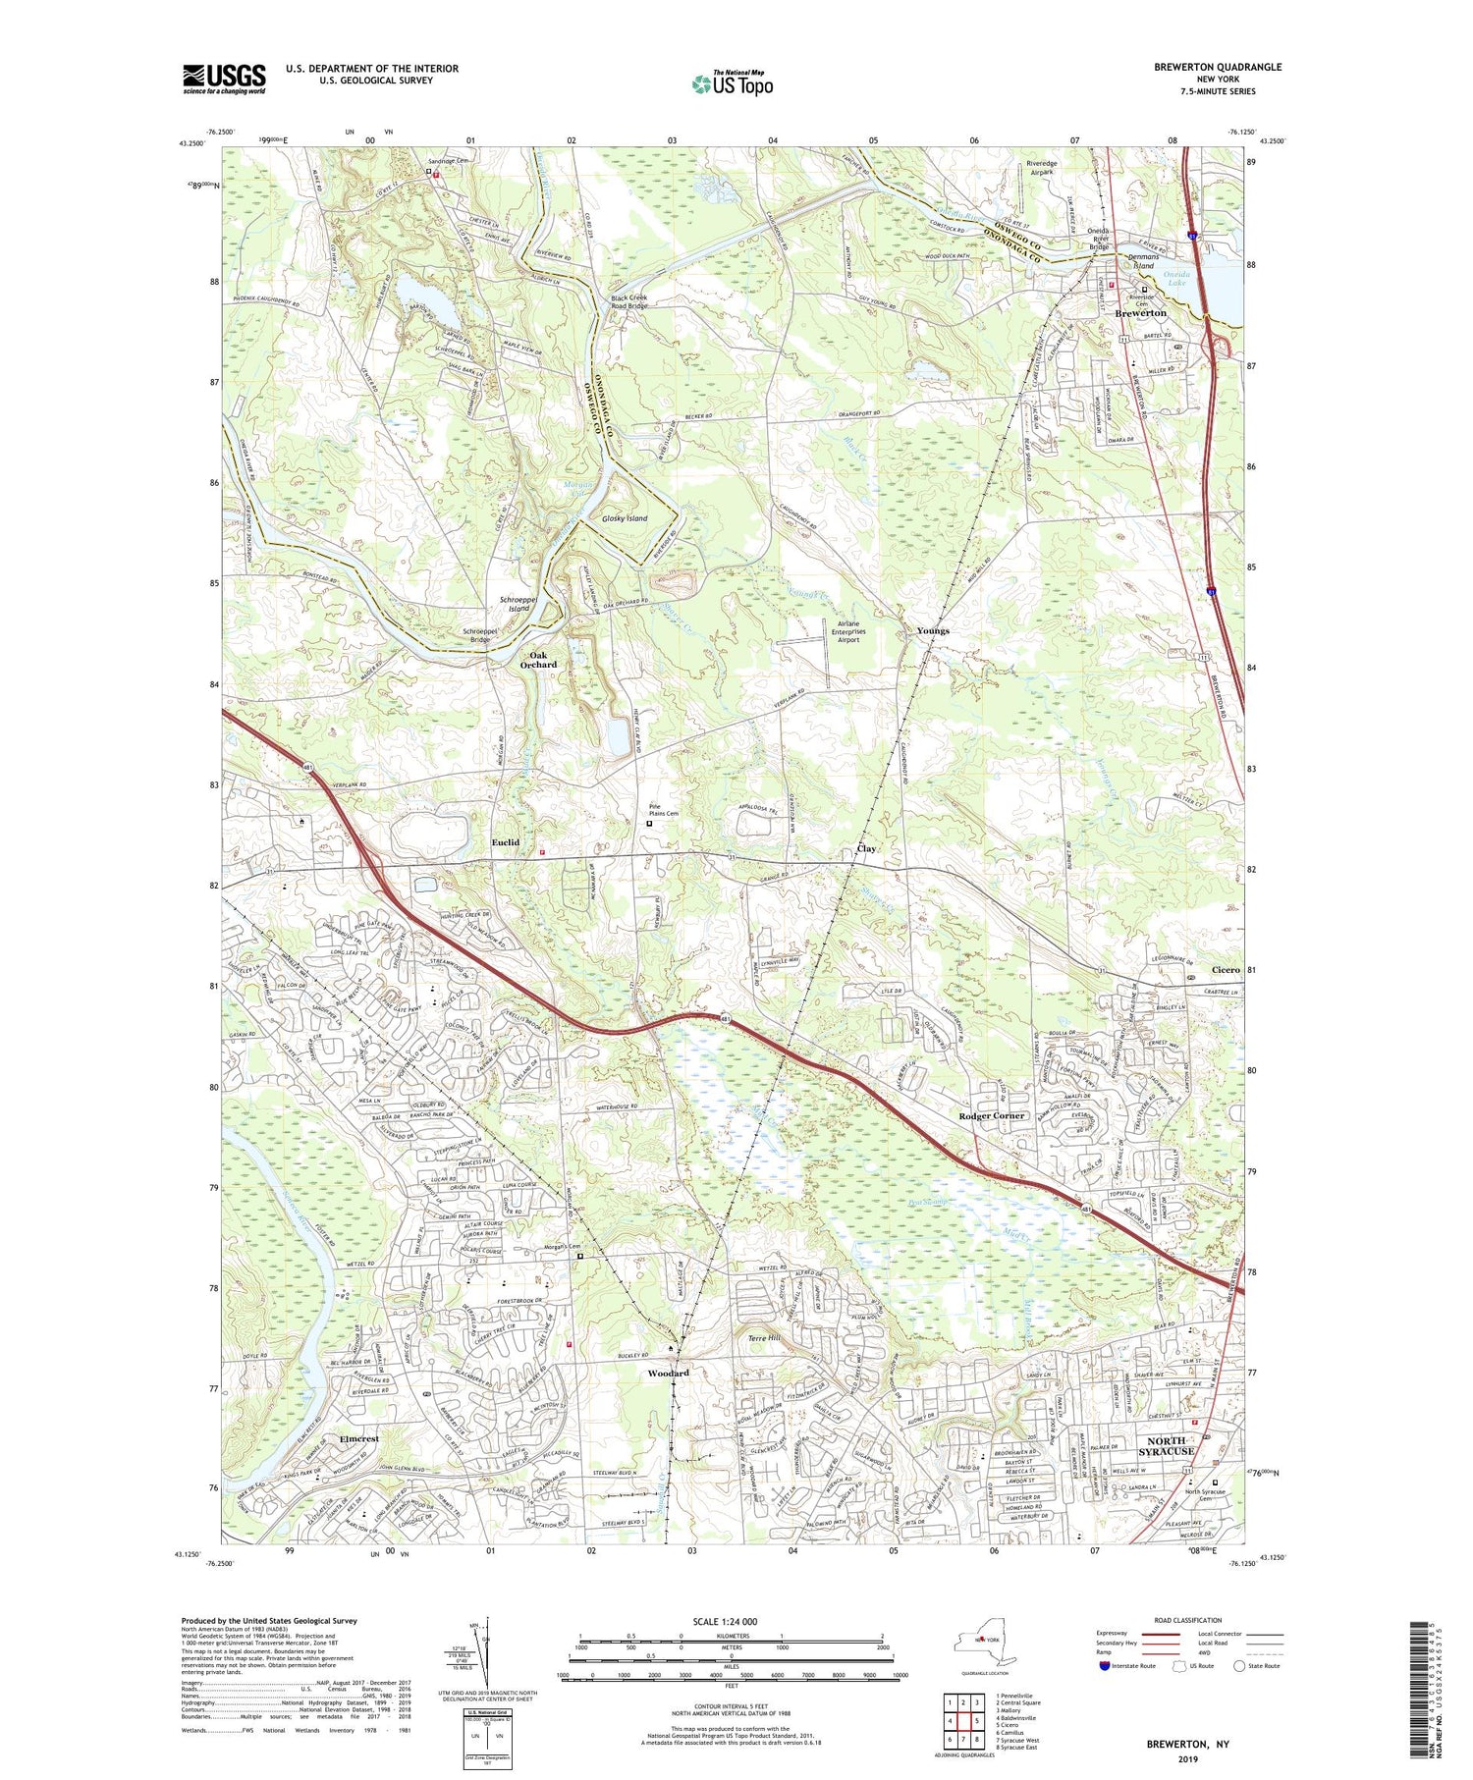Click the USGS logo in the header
pyautogui.click(x=224, y=79)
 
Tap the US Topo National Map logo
pyautogui.click(x=732, y=83)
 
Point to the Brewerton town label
pyautogui.click(x=1140, y=313)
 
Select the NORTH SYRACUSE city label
pyautogui.click(x=1166, y=1445)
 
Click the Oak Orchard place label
pyautogui.click(x=537, y=660)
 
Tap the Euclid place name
pyautogui.click(x=506, y=842)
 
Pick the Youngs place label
pyautogui.click(x=932, y=630)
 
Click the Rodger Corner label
pyautogui.click(x=991, y=1116)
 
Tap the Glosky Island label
pyautogui.click(x=625, y=517)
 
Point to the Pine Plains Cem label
pyautogui.click(x=665, y=811)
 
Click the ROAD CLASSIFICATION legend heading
pyautogui.click(x=1188, y=1620)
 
